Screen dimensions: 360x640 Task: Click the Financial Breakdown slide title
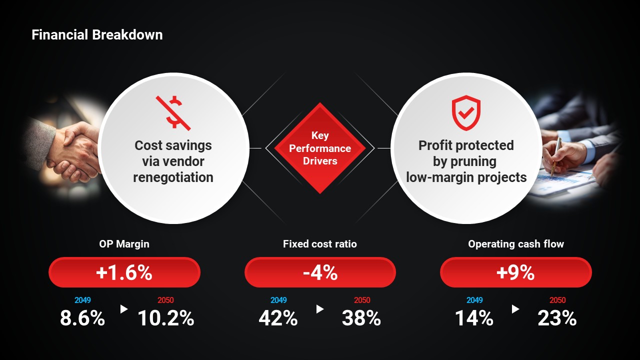pyautogui.click(x=97, y=35)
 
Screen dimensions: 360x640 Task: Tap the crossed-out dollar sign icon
pyautogui.click(x=173, y=111)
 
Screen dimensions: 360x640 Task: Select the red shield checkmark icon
pyautogui.click(x=466, y=113)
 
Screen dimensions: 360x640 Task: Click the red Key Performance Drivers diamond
pyautogui.click(x=320, y=148)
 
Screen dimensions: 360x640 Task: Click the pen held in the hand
pyautogui.click(x=556, y=155)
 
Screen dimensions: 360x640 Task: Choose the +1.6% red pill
pyautogui.click(x=124, y=272)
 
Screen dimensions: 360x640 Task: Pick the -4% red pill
pyautogui.click(x=320, y=272)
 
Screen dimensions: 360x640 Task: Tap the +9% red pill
pyautogui.click(x=515, y=272)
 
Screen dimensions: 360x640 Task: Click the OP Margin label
pyautogui.click(x=124, y=244)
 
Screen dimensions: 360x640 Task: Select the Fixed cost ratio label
pyautogui.click(x=320, y=244)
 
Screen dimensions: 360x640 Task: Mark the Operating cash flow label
pyautogui.click(x=515, y=244)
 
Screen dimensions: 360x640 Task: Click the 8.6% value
pyautogui.click(x=82, y=318)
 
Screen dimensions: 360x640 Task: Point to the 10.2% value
pyautogui.click(x=166, y=318)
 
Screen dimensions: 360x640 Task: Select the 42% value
pyautogui.click(x=278, y=318)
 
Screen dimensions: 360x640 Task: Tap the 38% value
pyautogui.click(x=361, y=318)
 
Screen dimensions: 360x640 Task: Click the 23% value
pyautogui.click(x=557, y=318)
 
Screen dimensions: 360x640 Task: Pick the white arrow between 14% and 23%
pyautogui.click(x=515, y=309)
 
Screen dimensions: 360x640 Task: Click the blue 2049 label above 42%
pyautogui.click(x=278, y=300)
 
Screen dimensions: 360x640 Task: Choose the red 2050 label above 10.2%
pyautogui.click(x=165, y=300)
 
